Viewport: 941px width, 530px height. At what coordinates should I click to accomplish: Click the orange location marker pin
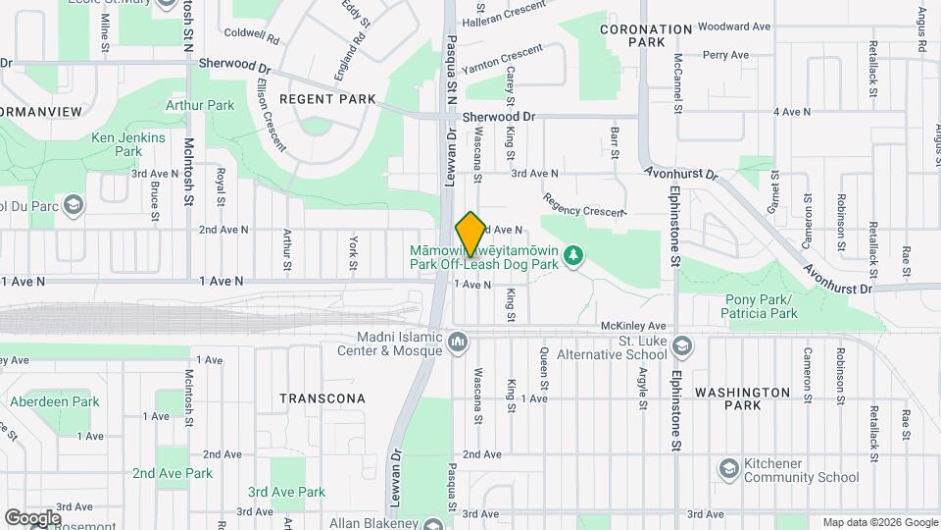tap(470, 234)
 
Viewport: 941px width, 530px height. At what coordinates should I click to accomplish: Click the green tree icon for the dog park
tap(574, 257)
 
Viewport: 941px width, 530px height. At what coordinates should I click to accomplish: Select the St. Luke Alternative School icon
tap(682, 344)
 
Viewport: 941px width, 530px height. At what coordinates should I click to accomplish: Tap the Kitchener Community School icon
tap(728, 469)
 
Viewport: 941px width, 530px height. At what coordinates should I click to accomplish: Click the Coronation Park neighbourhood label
tap(646, 36)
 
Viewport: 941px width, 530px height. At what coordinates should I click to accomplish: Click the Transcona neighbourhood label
tap(322, 398)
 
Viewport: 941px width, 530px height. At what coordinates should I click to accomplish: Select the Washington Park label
tap(742, 398)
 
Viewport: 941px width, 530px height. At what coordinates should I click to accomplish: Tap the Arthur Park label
tap(200, 105)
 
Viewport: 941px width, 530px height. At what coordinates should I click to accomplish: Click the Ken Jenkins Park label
tap(128, 144)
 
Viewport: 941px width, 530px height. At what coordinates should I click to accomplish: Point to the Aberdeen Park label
tap(55, 401)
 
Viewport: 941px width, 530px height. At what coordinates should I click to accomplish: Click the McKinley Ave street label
tap(633, 326)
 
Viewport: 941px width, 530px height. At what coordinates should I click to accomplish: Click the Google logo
tap(32, 517)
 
